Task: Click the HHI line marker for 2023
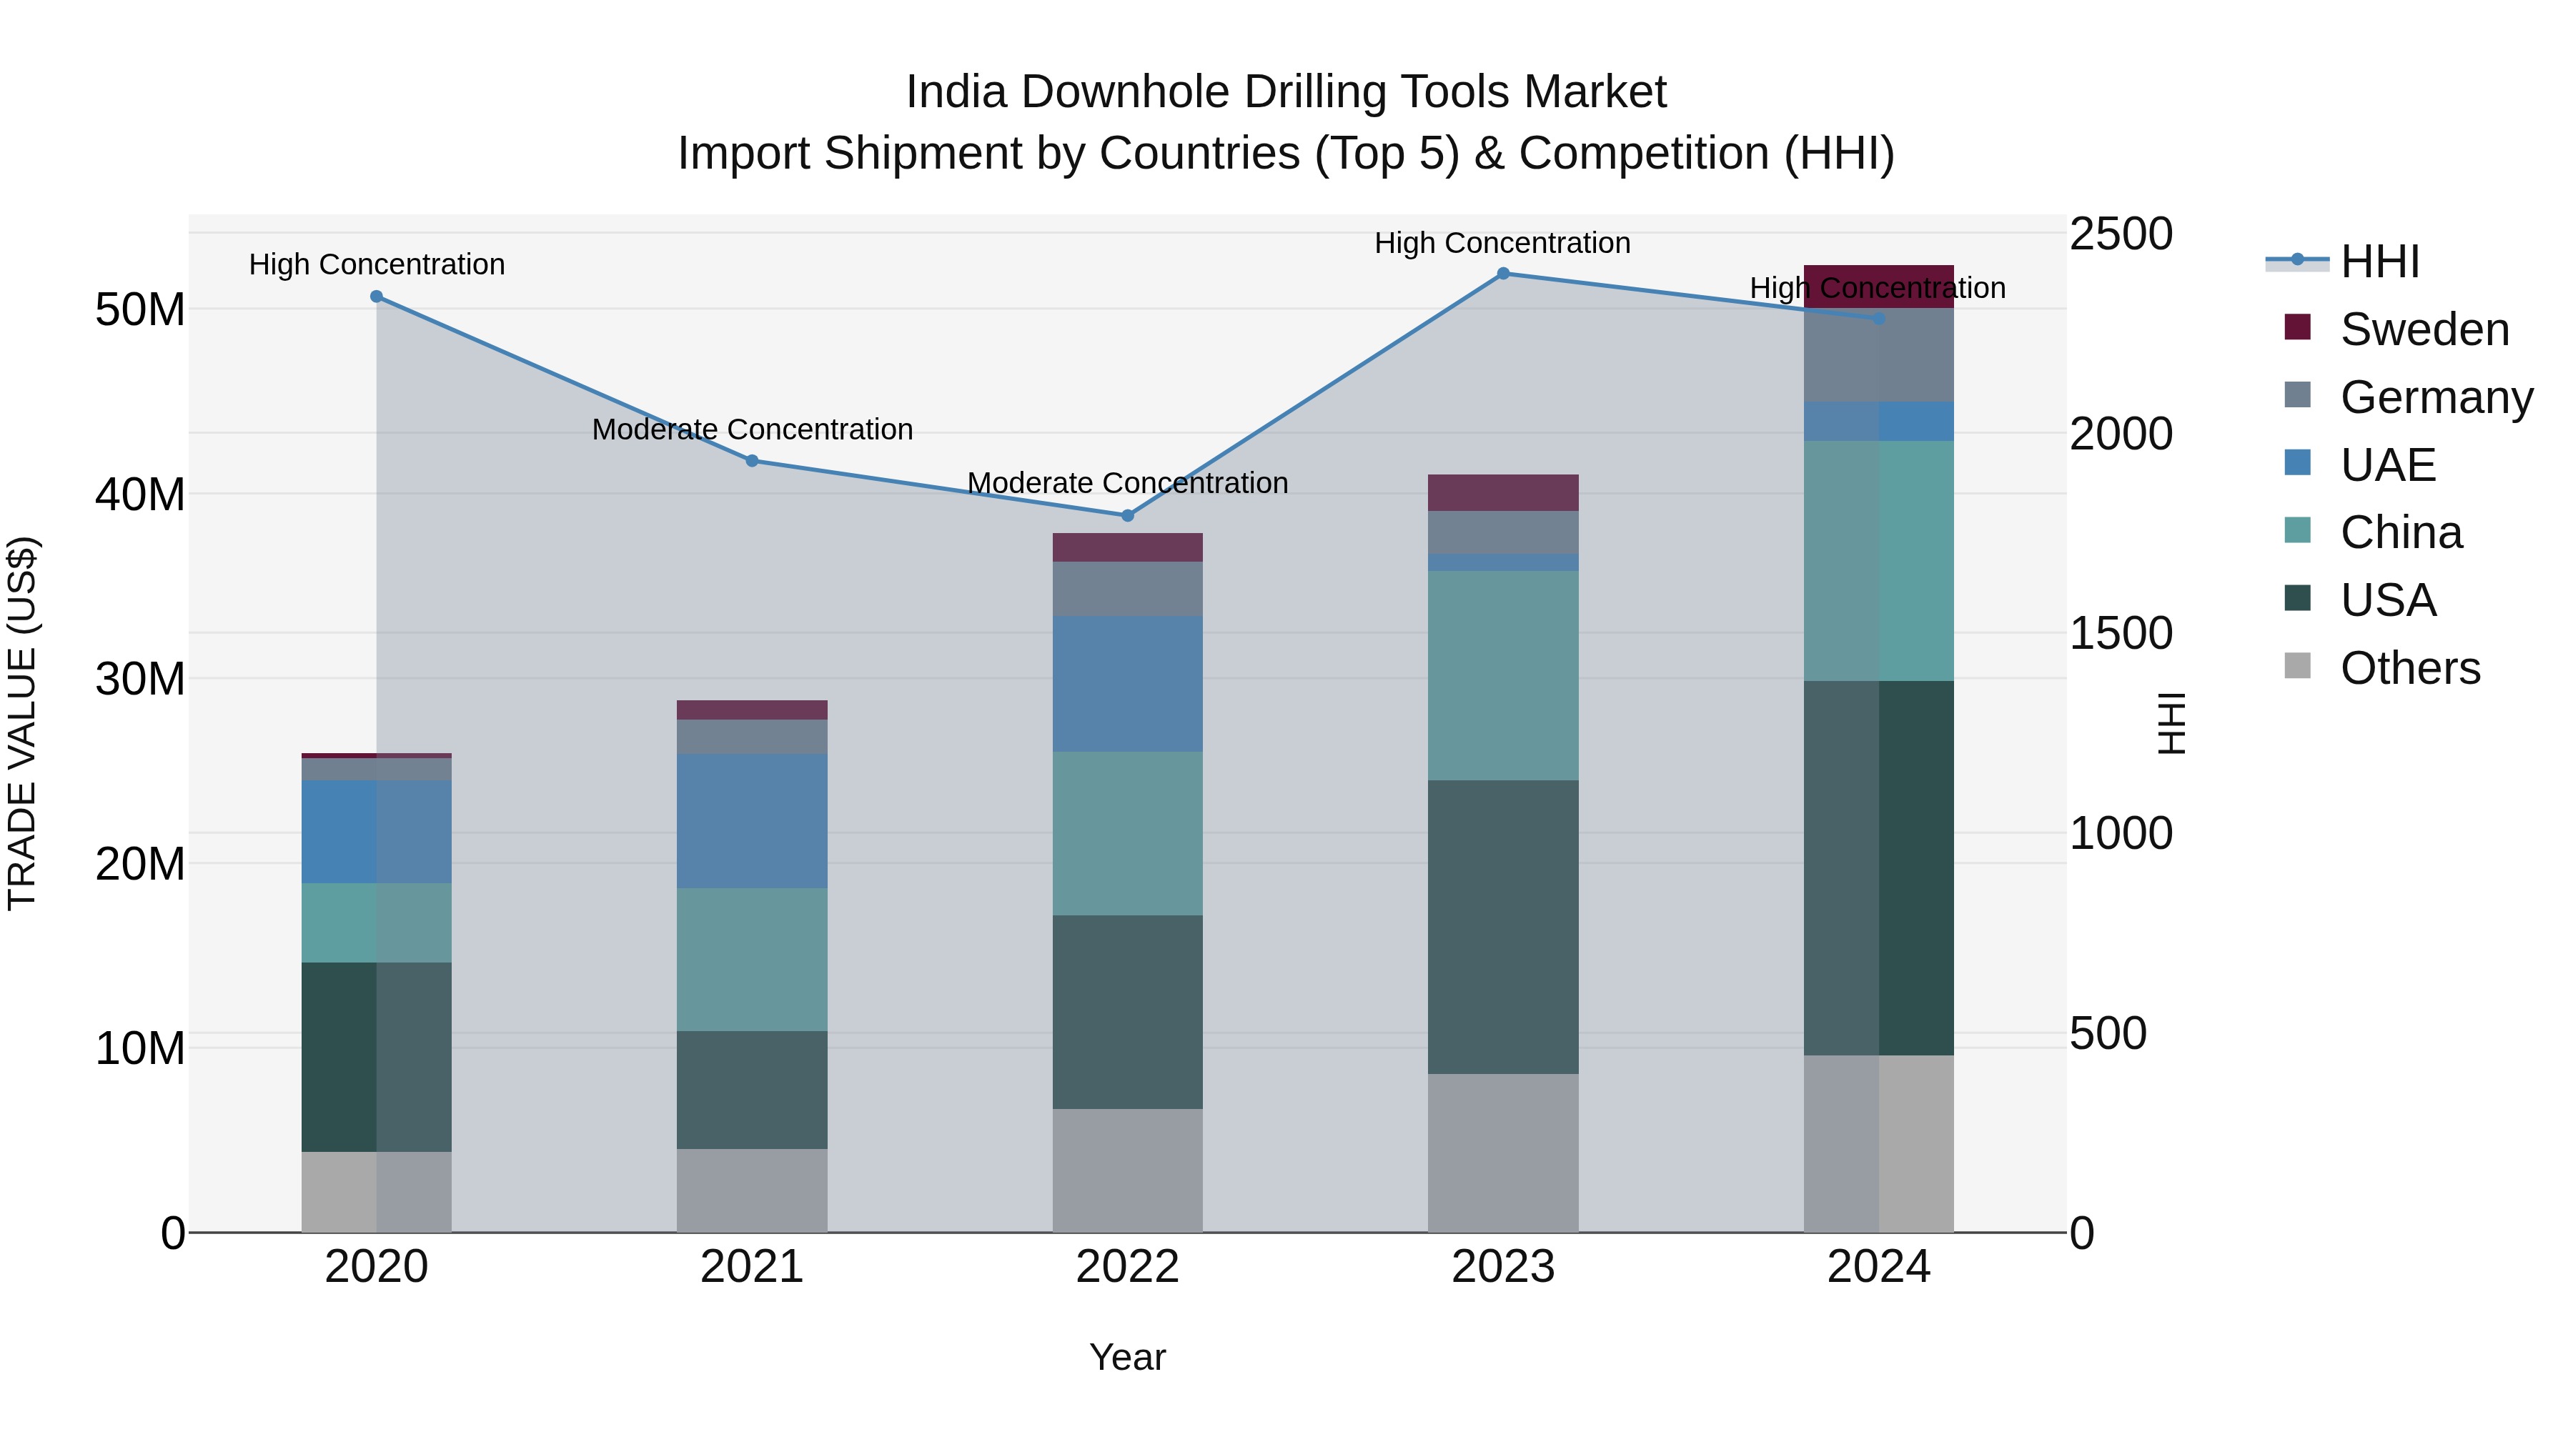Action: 1503,274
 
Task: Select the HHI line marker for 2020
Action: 377,297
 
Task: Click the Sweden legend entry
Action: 2424,329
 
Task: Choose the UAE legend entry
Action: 2387,465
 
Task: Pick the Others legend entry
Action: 2409,668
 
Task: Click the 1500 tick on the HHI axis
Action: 2121,634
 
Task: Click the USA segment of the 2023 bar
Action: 1503,927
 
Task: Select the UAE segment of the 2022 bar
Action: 1128,684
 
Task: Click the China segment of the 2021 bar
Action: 752,960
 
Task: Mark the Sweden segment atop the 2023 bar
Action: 1503,493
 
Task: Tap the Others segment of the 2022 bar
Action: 1128,1170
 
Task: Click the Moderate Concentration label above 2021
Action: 752,429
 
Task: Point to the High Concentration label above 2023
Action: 1502,243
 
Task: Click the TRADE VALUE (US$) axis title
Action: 22,723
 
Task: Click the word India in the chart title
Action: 956,93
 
